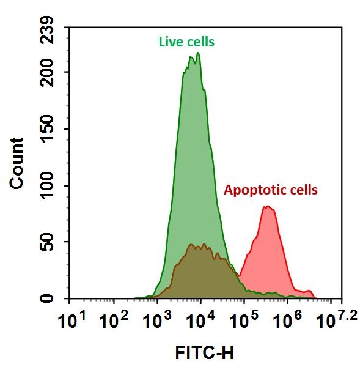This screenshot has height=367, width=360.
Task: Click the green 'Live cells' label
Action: (186, 42)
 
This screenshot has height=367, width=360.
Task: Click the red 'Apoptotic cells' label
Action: (271, 190)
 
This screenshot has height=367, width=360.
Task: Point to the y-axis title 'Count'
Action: (17, 163)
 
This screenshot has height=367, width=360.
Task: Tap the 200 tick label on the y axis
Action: (48, 73)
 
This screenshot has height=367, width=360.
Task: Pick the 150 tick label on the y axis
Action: (48, 130)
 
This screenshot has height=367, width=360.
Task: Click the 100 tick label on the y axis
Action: (48, 186)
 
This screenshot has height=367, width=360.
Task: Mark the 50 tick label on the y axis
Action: (48, 243)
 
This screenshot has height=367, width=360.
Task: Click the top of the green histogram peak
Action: (197, 53)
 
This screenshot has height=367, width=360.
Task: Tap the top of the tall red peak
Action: (267, 207)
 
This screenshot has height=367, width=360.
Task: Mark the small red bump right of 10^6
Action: (309, 291)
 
